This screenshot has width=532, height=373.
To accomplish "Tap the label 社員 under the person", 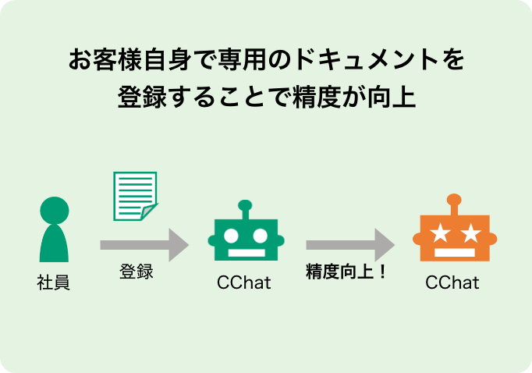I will tap(54, 282).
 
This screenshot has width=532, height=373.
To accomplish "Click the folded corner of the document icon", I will tap(149, 212).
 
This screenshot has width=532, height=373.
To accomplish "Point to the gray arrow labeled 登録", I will tap(144, 244).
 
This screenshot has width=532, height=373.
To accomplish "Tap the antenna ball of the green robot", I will tap(245, 207).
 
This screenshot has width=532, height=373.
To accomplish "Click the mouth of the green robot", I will tap(245, 253).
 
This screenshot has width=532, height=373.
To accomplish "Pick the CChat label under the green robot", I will tap(244, 282).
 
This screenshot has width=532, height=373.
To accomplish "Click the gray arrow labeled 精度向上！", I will tap(350, 244).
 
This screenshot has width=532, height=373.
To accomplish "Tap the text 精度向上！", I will tap(346, 272).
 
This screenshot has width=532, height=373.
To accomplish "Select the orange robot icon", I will tap(452, 234).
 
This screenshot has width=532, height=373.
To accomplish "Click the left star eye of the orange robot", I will tap(438, 232).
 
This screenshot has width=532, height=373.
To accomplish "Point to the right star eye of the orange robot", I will tap(469, 232).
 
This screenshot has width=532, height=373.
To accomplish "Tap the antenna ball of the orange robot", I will tap(453, 200).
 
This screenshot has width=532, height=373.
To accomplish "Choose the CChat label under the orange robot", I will tap(452, 282).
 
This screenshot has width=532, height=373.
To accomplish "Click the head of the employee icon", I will tap(54, 210).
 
